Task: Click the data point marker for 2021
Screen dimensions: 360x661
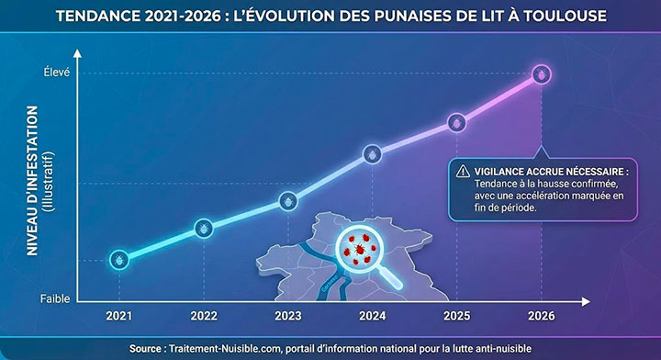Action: (118, 260)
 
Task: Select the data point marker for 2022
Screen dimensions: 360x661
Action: (203, 229)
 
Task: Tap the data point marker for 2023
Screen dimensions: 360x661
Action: (287, 199)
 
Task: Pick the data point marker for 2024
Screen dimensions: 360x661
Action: (372, 154)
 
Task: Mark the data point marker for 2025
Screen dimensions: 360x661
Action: (457, 122)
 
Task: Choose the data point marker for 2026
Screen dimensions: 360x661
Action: (542, 73)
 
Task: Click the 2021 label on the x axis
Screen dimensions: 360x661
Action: (118, 316)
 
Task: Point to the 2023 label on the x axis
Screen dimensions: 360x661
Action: (287, 316)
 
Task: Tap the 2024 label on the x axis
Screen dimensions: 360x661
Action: (372, 316)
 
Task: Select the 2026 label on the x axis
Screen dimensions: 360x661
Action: (542, 316)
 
